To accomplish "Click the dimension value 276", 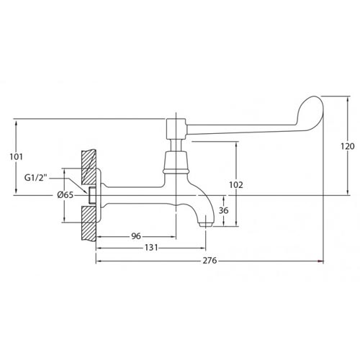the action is pos(210,261).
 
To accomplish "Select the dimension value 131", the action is pos(151,248).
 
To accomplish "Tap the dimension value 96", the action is pos(136,236).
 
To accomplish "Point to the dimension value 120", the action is pos(348,146).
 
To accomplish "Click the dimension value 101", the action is pos(16,157).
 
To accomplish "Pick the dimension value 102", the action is pos(236,185).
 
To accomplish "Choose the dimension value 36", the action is pos(223,210).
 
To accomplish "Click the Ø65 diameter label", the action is pos(65,195).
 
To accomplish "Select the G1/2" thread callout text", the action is pos(36,178).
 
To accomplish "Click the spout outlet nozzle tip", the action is pos(206,225).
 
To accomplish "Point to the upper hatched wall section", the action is pos(89,167).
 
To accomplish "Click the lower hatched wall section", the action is pos(89,222).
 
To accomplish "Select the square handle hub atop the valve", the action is pos(176,129).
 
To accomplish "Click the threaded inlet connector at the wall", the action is pos(92,195).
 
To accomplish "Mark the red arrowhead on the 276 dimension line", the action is pos(320,261).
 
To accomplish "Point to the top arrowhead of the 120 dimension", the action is pos(348,99).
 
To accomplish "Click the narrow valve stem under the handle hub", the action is pos(176,145).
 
